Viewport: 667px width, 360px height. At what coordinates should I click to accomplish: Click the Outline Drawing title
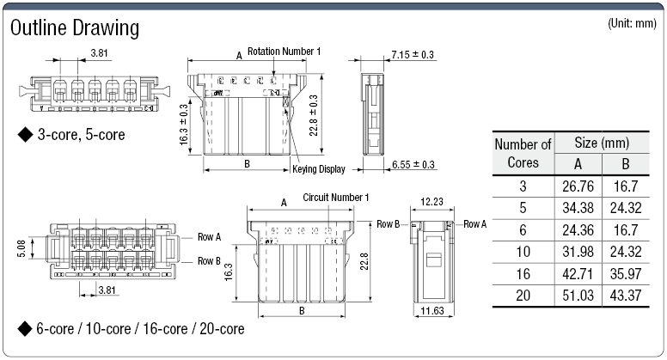(x=74, y=28)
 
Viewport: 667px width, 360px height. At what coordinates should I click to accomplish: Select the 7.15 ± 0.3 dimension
(x=413, y=55)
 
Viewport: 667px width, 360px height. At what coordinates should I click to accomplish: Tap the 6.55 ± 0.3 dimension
(x=413, y=165)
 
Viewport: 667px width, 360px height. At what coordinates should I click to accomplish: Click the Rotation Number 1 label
(x=284, y=52)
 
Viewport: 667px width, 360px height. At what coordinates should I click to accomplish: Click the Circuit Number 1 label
(x=336, y=198)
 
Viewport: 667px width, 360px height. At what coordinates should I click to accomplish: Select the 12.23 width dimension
(x=432, y=201)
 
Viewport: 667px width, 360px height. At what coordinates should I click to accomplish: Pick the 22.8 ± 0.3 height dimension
(x=314, y=113)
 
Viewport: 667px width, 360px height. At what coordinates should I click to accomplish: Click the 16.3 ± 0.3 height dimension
(x=184, y=125)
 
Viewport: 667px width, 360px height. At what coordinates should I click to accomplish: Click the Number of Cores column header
(x=523, y=153)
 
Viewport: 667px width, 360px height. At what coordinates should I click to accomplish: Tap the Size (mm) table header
(x=601, y=143)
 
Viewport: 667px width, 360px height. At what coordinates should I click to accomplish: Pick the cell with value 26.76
(x=576, y=185)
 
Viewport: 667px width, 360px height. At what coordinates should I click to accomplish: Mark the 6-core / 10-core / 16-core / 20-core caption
(x=131, y=329)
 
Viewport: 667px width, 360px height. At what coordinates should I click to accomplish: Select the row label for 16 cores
(x=523, y=274)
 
